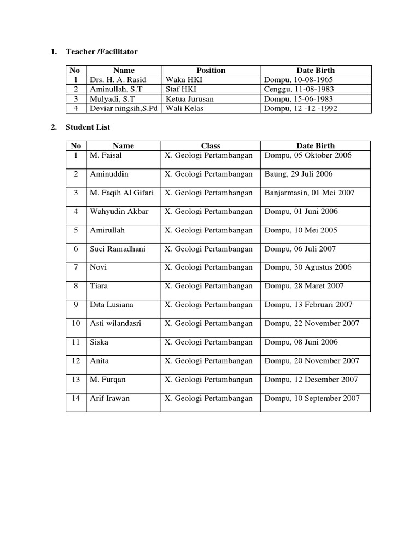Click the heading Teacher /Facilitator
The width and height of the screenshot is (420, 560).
coord(102,52)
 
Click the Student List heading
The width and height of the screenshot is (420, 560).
coord(87,127)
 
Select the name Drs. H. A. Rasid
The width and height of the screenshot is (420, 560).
coord(118,80)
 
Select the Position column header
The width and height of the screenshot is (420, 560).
coord(211,70)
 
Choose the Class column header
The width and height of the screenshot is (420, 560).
coord(211,146)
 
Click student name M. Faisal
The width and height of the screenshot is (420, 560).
coord(106,155)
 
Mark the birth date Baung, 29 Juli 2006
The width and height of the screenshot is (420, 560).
coord(298,174)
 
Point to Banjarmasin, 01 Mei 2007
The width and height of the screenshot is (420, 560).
coord(310,192)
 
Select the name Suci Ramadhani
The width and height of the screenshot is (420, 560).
coord(118,249)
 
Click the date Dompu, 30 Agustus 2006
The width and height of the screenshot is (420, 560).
coord(308,267)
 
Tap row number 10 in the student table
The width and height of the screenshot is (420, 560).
coord(76,323)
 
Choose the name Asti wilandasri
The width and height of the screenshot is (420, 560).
coord(115,323)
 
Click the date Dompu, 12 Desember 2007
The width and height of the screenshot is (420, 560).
coord(311,380)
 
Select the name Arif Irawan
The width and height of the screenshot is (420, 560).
coord(110,398)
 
